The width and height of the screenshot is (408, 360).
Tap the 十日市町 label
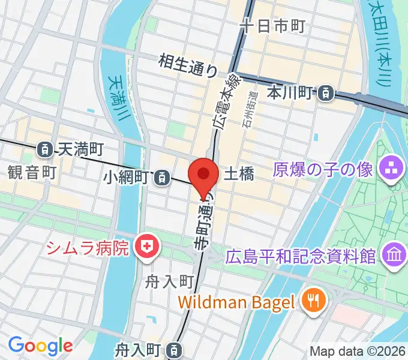pos(272,26)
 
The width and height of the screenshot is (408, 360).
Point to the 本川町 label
pos(290,93)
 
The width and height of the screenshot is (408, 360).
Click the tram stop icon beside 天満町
pos(44,148)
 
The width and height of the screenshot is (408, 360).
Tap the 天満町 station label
pos(81,148)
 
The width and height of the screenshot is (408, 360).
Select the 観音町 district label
pos(32,173)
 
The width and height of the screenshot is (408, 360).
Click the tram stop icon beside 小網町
pos(161,177)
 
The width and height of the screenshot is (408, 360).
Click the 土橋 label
pos(239,175)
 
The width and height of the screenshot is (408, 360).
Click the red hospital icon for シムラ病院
pos(145,247)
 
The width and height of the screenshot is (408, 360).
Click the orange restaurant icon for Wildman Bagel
pos(313,299)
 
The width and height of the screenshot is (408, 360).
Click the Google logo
pos(40,345)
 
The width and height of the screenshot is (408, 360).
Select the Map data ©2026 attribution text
pos(358,351)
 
